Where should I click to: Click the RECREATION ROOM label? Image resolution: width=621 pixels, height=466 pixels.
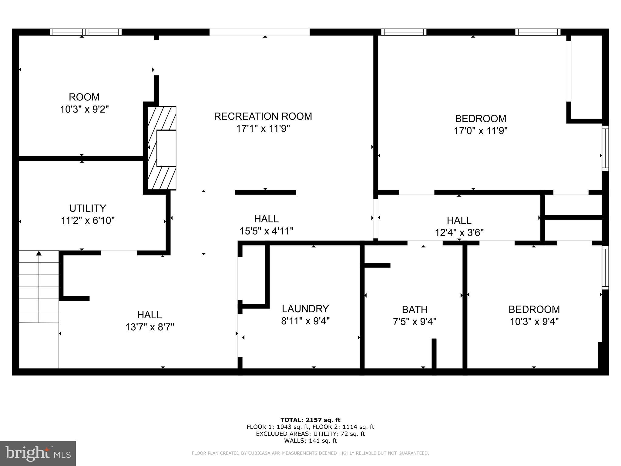263,116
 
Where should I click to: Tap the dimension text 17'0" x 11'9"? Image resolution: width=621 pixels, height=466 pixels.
480,131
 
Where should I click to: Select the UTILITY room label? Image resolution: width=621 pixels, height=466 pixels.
88,208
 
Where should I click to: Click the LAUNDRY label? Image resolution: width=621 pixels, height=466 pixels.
305,309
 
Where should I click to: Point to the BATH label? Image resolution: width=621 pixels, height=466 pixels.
415,309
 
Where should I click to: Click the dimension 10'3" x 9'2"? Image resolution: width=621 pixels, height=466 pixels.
84,109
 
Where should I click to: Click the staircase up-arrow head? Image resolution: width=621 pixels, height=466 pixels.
39,253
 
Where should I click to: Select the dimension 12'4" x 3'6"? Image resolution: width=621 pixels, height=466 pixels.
459,233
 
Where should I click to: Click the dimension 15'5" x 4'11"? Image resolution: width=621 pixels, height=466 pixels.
266,231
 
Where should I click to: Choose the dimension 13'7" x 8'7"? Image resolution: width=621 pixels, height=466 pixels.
149,327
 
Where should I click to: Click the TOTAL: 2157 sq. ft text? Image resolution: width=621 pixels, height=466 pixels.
310,420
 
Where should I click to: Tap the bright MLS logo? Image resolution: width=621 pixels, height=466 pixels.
38,453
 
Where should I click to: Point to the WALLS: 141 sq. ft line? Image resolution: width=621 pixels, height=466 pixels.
310,441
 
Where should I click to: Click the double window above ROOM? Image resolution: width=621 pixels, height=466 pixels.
86,32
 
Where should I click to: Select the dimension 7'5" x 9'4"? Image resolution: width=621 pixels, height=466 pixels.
415,322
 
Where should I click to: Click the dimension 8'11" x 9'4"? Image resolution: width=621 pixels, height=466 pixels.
305,321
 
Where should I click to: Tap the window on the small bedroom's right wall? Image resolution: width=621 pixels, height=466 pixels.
605,267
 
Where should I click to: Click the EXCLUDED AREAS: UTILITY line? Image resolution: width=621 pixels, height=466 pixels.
310,434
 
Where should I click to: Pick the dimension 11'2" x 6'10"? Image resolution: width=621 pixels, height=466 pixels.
88,221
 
